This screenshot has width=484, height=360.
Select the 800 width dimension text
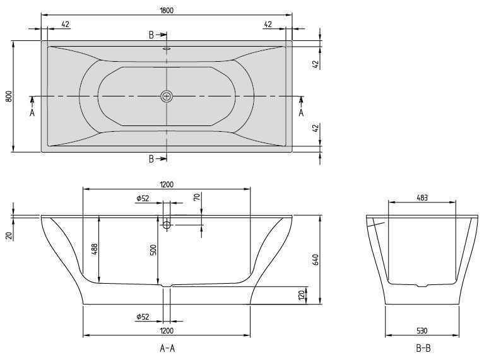coord(8,96)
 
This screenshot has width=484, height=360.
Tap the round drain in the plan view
coord(167,96)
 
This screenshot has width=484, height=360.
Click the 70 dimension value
coord(196,197)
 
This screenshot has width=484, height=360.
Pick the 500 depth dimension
coord(153,250)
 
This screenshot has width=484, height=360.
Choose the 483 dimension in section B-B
coord(422,197)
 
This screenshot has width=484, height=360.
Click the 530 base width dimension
coord(422,330)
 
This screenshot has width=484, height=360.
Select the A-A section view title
coord(167,347)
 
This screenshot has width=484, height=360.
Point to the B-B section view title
coord(422,347)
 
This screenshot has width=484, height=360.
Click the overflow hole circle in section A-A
coord(167,224)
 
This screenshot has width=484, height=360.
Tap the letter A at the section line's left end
coord(32,113)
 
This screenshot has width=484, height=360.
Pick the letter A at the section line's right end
coord(301,113)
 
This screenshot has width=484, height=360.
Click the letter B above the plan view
coord(151,35)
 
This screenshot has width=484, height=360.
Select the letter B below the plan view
coord(151,159)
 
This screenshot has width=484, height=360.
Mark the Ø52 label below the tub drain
coord(142,316)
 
